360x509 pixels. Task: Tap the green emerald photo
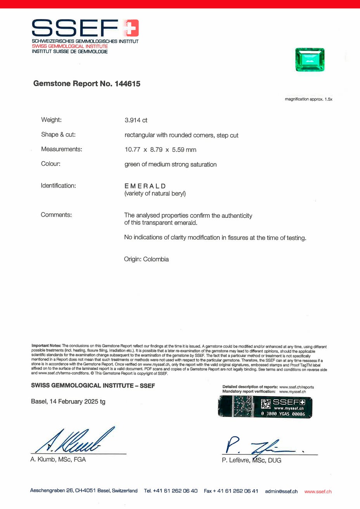point(310,59)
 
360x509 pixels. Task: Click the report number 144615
point(128,83)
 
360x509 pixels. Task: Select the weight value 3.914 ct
point(136,120)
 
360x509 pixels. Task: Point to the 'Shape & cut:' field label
point(58,135)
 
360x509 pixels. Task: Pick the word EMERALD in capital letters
point(145,186)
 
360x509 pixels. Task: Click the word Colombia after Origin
point(156,259)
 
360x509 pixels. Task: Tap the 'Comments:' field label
point(56,215)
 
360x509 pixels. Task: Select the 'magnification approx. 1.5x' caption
point(308,99)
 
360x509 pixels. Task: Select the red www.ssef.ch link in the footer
point(318,491)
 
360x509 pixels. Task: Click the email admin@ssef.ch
point(281,491)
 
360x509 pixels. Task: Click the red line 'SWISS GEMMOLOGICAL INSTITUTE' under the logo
point(70,46)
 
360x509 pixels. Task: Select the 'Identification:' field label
point(58,186)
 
